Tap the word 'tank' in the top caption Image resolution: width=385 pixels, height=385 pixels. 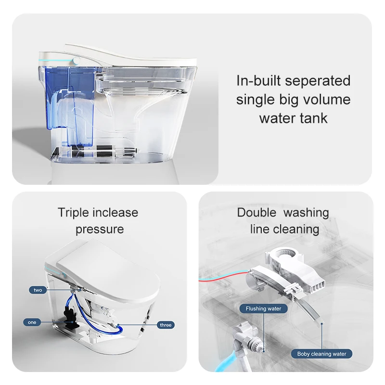click(312, 118)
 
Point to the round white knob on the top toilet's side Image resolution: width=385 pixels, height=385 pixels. click(76, 61)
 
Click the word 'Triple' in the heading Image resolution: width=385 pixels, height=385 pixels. click(74, 213)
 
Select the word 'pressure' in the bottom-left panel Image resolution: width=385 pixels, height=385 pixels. click(99, 229)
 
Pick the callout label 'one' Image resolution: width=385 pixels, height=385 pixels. click(32, 322)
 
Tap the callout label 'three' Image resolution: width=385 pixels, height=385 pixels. click(165, 325)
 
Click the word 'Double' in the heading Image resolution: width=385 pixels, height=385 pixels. click(257, 213)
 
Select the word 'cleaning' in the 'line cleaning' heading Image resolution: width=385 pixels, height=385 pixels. click(296, 229)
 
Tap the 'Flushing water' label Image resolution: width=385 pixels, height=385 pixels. click(263, 308)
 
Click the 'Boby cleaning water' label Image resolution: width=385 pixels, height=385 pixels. click(321, 354)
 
